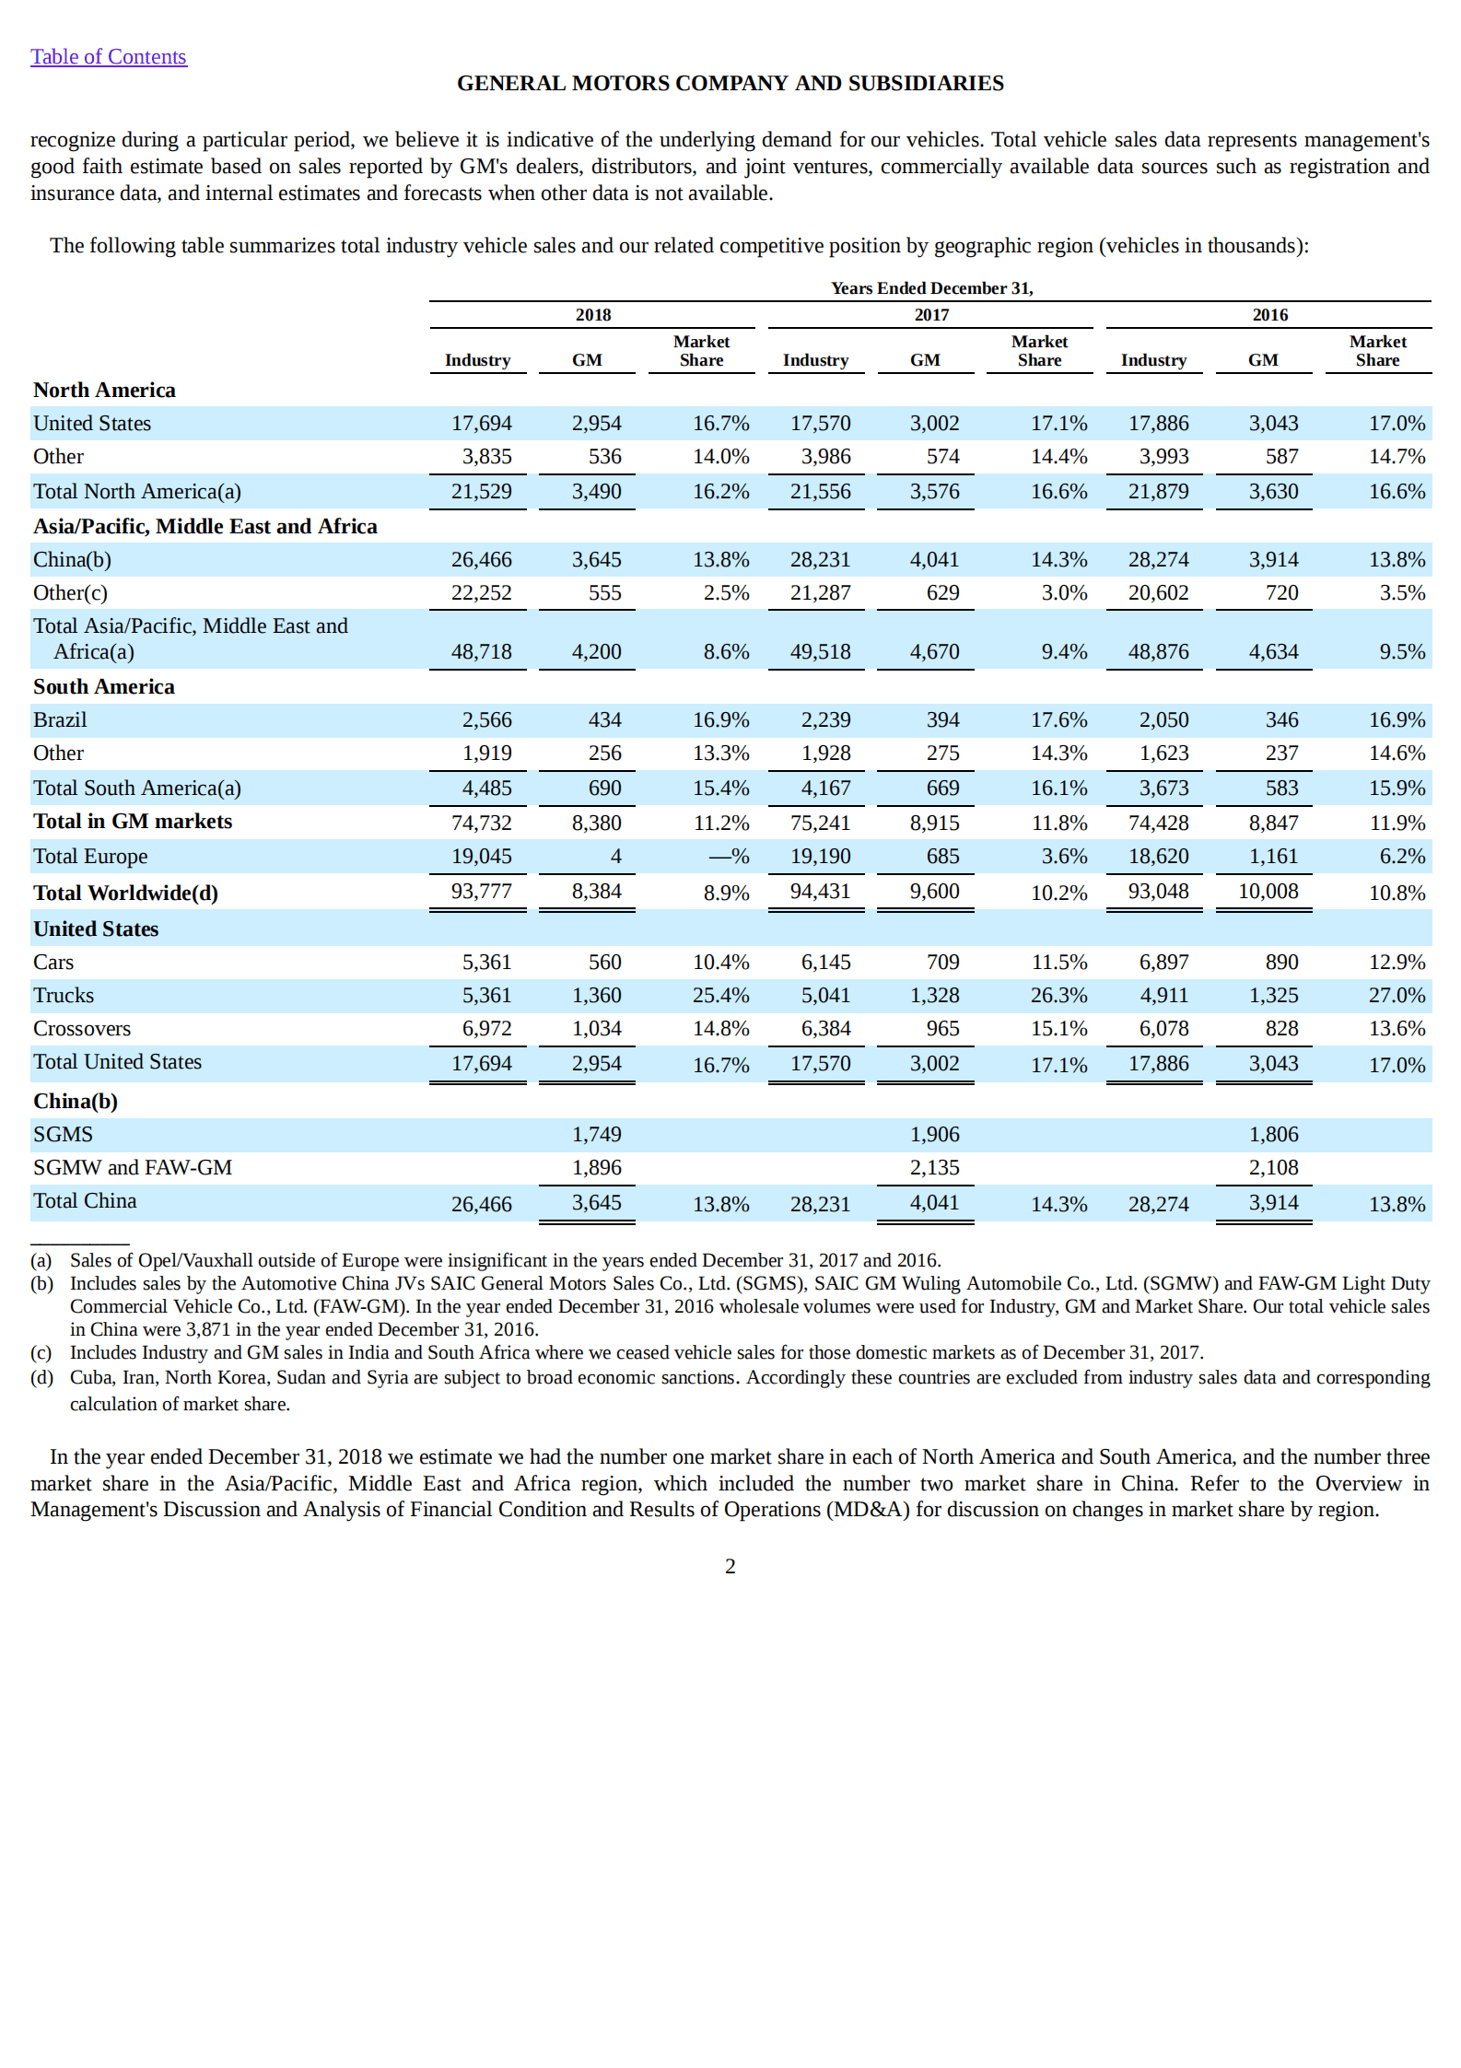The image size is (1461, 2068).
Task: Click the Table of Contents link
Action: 108,57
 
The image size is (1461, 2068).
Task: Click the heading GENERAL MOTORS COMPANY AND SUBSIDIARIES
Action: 730,83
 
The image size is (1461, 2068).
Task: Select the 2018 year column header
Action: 592,315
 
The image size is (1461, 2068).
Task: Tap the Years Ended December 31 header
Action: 931,288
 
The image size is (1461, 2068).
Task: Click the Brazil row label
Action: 60,719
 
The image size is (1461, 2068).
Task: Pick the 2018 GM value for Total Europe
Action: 615,857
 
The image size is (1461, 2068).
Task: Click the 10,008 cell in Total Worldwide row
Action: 1268,892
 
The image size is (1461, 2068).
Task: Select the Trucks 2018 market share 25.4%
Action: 720,996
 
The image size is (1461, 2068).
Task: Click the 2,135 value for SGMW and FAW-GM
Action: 934,1168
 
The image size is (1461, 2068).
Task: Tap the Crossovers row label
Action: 82,1029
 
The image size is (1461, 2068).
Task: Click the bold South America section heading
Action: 104,687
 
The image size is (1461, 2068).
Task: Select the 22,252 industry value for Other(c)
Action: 481,593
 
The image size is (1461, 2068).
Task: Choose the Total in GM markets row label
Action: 133,822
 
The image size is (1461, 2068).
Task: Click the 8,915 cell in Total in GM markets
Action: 934,824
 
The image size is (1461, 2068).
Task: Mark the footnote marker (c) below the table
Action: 41,1352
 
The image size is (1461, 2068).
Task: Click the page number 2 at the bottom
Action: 730,1566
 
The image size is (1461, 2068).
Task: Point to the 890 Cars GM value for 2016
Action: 1281,963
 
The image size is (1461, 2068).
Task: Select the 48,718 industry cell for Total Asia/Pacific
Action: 481,652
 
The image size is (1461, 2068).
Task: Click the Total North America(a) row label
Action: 137,492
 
